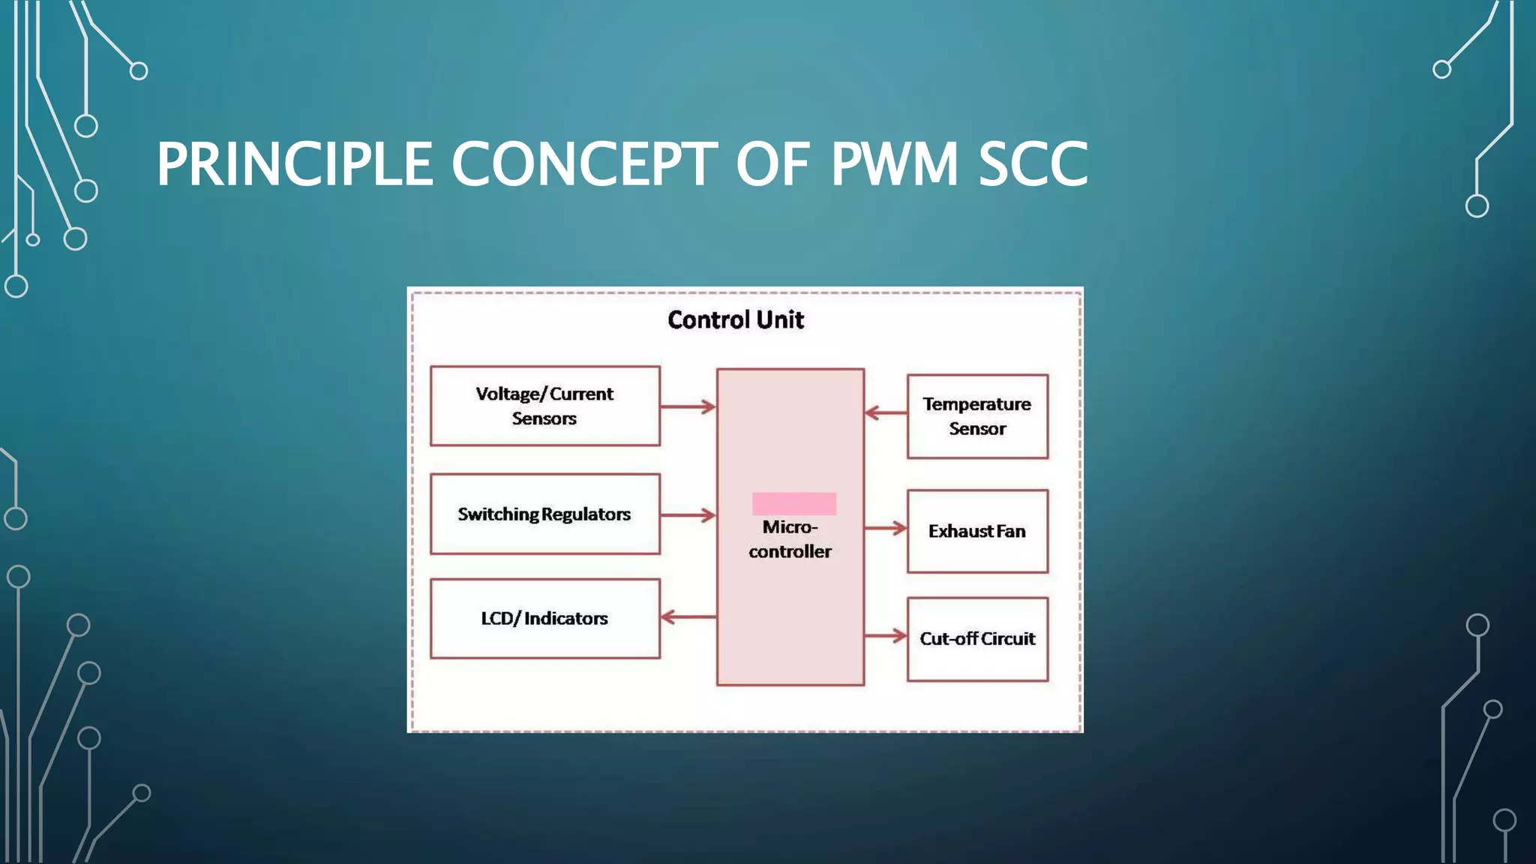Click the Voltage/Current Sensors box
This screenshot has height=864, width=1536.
pos(544,406)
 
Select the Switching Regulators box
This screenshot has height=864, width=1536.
pos(544,514)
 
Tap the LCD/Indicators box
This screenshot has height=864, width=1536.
pos(544,619)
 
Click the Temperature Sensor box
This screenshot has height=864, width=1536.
pos(977,416)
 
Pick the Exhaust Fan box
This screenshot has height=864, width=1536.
pos(977,531)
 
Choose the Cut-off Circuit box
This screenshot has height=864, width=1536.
pos(977,639)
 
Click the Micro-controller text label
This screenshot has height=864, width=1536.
pos(790,539)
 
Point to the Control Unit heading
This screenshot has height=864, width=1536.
pos(736,320)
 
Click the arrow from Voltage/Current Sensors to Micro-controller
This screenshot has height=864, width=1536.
pos(688,407)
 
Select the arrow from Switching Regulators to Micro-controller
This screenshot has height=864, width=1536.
pos(688,515)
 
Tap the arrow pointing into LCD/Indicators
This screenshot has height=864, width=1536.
pos(688,617)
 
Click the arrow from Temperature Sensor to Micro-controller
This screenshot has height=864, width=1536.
pos(886,412)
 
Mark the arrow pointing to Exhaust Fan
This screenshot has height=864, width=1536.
pos(886,528)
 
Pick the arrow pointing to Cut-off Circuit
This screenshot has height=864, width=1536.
pos(886,636)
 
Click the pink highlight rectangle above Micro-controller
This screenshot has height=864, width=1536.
pos(794,503)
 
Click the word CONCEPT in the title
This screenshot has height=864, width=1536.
pos(584,164)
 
